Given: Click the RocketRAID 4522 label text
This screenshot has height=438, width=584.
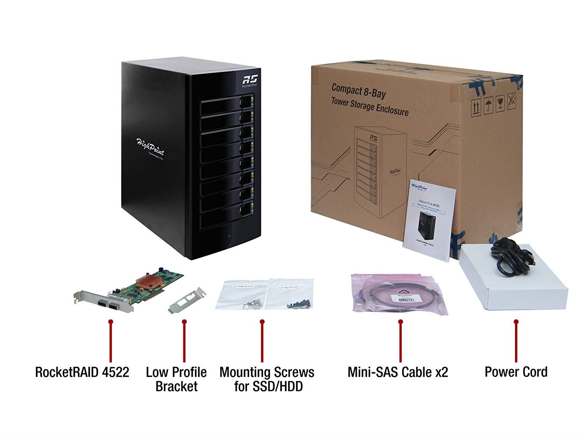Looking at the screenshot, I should (82, 372).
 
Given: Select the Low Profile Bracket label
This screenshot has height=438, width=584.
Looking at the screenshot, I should (176, 379).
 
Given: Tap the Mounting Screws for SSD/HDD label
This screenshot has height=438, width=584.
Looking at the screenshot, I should (267, 379).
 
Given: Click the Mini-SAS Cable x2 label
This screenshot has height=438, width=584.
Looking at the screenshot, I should (398, 372).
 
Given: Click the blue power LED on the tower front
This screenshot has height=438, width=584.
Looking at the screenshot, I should (229, 236).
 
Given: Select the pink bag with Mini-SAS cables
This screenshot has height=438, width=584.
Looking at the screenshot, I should (397, 294).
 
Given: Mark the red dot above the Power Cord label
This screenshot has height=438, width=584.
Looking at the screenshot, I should (516, 322).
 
